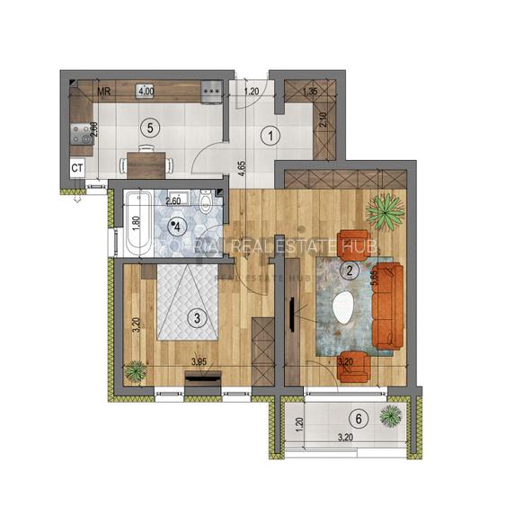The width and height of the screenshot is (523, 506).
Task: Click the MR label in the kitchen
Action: tap(104, 91)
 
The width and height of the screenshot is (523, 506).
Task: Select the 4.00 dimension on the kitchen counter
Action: tap(145, 91)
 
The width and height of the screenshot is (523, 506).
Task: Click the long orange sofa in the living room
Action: tap(388, 306)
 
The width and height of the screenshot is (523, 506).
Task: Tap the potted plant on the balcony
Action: tap(391, 415)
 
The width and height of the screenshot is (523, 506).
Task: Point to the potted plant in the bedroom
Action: tap(135, 369)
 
